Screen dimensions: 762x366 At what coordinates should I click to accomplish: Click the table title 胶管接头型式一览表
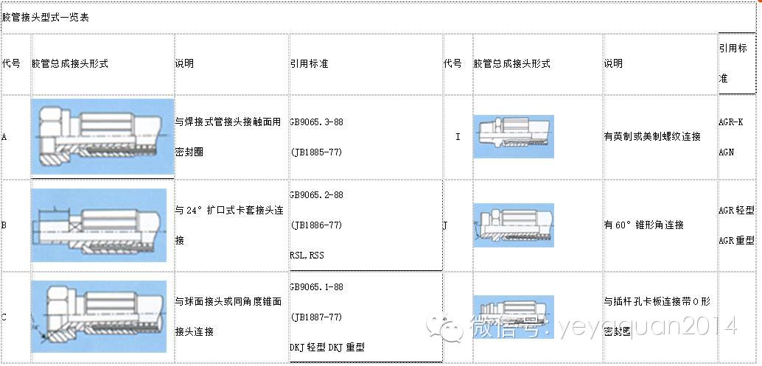(x=46, y=17)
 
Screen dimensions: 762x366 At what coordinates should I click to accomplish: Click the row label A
(x=4, y=137)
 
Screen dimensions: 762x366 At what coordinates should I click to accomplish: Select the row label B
(x=4, y=225)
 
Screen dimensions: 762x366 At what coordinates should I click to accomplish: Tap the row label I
(x=458, y=137)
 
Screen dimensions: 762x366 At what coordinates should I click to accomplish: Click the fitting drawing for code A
(x=102, y=137)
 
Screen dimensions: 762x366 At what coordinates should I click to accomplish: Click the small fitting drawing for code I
(x=513, y=136)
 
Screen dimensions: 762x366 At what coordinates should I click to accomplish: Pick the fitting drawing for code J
(x=513, y=225)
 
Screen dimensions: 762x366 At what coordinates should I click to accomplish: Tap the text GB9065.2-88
(x=317, y=195)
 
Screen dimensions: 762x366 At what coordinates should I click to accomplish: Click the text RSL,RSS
(x=307, y=256)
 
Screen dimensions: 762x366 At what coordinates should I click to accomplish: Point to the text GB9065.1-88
(x=317, y=286)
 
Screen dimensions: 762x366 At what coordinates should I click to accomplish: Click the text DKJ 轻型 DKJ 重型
(x=327, y=347)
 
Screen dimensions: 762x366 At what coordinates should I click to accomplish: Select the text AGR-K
(x=730, y=122)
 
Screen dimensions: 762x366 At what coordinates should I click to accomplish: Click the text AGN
(x=726, y=152)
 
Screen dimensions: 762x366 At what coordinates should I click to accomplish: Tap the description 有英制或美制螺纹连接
(x=651, y=137)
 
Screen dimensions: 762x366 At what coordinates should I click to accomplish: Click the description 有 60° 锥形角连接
(x=643, y=225)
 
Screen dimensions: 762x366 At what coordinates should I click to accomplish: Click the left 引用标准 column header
(x=309, y=63)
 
